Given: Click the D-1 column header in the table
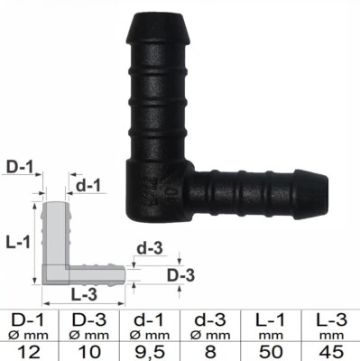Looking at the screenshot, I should coord(30,319).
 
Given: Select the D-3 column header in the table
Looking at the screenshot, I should coord(90,319).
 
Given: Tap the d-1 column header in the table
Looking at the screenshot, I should coord(150,319).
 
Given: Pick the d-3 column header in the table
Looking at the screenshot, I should coord(210,319).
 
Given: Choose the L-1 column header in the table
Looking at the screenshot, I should coord(270,319).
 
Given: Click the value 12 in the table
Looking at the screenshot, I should coord(30,349).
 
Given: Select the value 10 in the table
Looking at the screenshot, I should coord(90,349).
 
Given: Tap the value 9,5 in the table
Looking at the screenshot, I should coord(150,349).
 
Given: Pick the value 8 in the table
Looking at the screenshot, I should coord(210,349).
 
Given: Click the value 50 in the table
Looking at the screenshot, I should coord(270,349).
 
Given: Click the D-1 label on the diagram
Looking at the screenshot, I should coord(21,166).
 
